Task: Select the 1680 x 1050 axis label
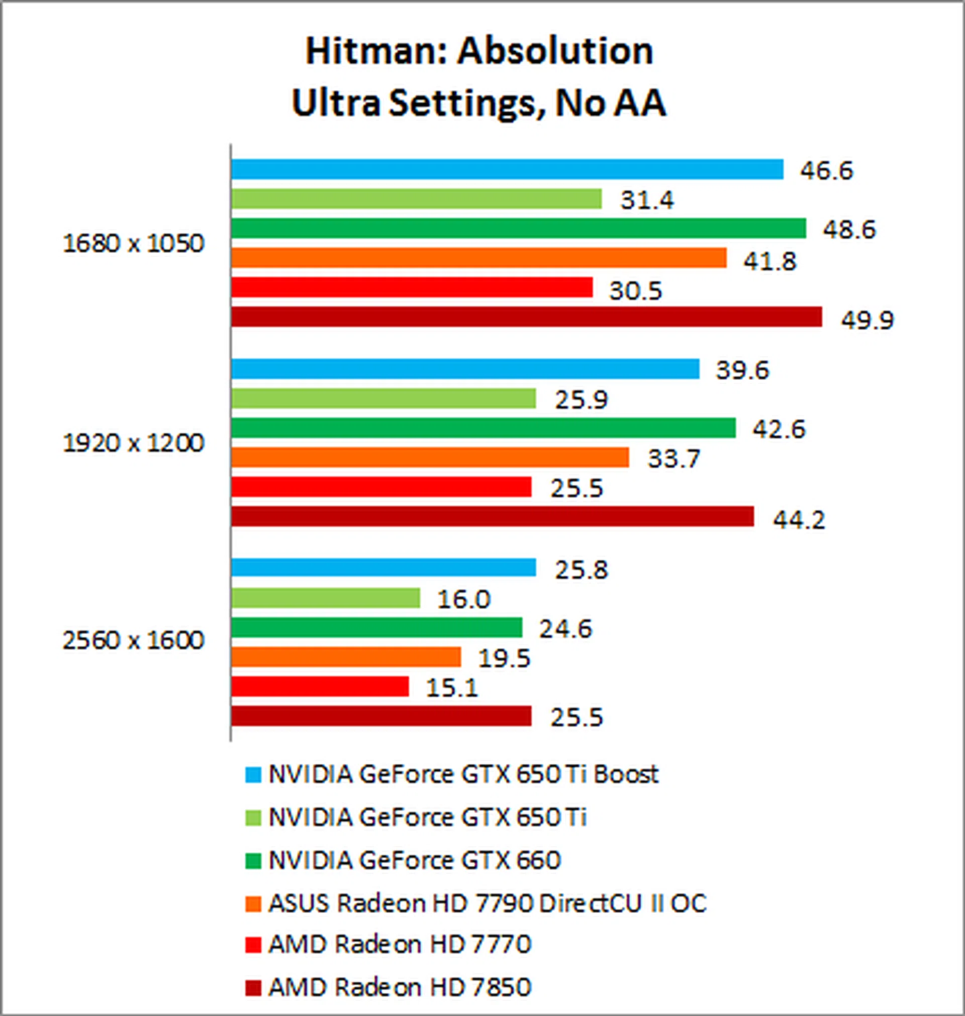(133, 244)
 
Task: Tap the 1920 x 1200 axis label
(133, 443)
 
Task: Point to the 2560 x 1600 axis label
(133, 640)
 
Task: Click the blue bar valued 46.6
(507, 169)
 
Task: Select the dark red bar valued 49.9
(526, 317)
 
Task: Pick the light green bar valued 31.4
(416, 199)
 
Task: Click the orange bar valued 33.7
(430, 457)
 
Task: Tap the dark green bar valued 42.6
(483, 428)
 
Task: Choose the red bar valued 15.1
(320, 686)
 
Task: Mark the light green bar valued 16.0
(325, 598)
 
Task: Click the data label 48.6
(849, 229)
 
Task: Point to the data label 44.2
(798, 520)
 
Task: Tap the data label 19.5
(504, 658)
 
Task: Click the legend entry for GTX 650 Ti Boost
(463, 774)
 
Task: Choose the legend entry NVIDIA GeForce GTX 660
(414, 860)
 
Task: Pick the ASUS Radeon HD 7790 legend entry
(487, 903)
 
